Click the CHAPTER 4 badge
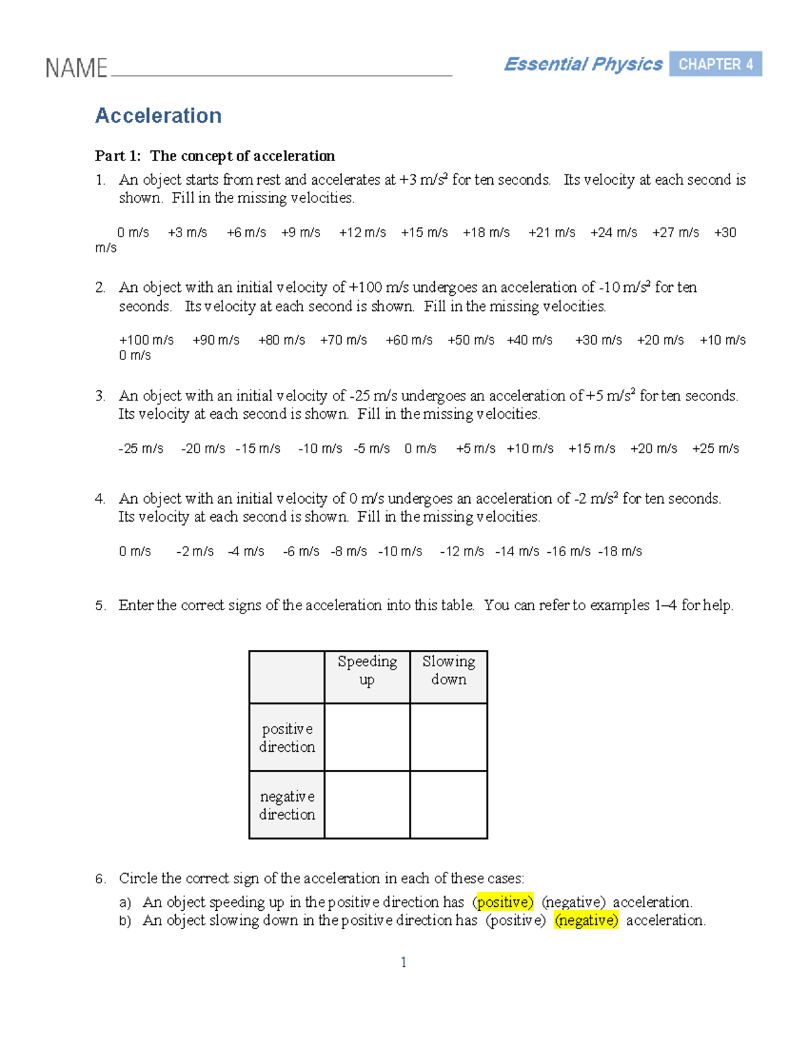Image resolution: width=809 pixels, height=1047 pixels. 715,64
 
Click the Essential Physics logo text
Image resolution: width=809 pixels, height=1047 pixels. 583,64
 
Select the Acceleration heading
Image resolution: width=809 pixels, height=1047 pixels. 158,116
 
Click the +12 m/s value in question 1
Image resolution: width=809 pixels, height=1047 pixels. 362,233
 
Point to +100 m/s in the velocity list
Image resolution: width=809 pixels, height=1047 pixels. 146,340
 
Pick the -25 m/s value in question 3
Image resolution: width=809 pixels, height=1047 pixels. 141,449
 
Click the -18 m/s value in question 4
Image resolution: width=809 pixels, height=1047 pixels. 620,551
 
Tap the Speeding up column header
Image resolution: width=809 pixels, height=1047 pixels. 367,671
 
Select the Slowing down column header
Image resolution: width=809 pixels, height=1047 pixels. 448,671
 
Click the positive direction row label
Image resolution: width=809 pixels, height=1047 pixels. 287,738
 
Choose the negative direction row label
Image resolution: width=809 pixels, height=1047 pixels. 287,805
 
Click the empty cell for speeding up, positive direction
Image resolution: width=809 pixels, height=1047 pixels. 367,738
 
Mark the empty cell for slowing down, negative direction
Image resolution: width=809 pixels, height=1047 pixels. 448,805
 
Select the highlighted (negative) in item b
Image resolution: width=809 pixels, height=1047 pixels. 587,920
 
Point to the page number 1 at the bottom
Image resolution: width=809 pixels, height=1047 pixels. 404,963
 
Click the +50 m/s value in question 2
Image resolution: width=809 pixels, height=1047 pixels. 471,340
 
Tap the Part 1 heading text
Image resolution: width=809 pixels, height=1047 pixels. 215,156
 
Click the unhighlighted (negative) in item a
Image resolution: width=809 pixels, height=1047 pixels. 574,902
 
